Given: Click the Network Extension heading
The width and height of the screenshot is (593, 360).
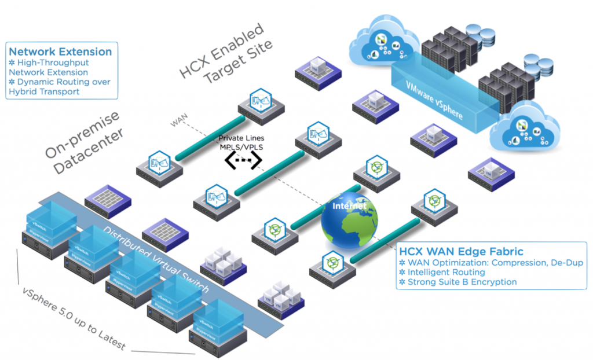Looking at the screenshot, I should [60, 52].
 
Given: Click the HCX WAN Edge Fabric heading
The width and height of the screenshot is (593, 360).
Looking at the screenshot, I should [461, 251].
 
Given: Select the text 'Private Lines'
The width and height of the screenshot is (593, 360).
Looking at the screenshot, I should [242, 138].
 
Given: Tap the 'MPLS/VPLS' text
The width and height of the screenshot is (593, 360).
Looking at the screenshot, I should [242, 147].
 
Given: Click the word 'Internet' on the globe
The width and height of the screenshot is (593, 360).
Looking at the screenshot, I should [350, 205].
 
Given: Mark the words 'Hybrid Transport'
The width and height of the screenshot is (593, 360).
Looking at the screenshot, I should [44, 91].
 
